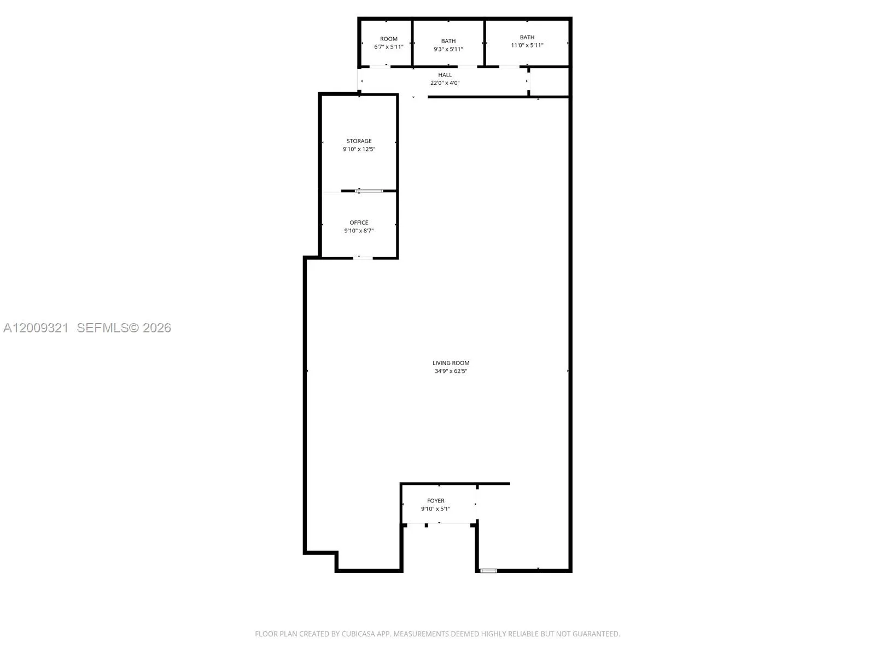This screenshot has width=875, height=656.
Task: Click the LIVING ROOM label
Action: point(451,363)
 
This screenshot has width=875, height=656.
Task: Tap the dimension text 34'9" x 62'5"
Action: point(451,371)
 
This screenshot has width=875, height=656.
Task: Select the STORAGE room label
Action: point(359,141)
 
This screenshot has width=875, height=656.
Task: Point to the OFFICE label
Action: point(359,222)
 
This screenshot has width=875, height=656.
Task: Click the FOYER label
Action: point(435,501)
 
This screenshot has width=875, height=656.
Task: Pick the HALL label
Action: point(445,75)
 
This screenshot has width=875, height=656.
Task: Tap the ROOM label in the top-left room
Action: point(388,39)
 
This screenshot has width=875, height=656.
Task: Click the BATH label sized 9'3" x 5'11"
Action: point(448,41)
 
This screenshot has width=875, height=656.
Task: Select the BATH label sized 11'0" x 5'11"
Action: point(527,37)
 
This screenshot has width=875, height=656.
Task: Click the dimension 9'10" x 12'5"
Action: point(359,149)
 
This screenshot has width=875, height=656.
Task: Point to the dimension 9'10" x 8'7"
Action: point(359,231)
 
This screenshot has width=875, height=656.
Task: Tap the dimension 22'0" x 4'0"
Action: point(445,83)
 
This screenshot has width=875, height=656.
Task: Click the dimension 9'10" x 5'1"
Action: point(435,509)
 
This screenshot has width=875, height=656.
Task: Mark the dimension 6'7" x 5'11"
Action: point(388,47)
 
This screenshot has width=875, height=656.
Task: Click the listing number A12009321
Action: point(36,328)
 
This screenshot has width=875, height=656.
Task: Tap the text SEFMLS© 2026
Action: point(124,328)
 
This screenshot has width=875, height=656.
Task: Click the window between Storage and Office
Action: point(369,191)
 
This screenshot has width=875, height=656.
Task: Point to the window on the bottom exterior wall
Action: point(488,571)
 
